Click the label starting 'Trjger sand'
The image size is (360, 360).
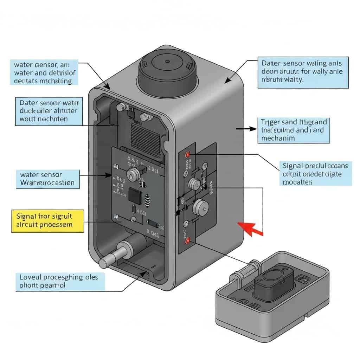click(294, 130)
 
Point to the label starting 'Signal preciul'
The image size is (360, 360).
click(315, 173)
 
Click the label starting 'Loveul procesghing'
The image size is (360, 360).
click(60, 281)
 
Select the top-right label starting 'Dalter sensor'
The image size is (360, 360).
click(302, 72)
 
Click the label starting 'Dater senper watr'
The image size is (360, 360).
click(49, 111)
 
